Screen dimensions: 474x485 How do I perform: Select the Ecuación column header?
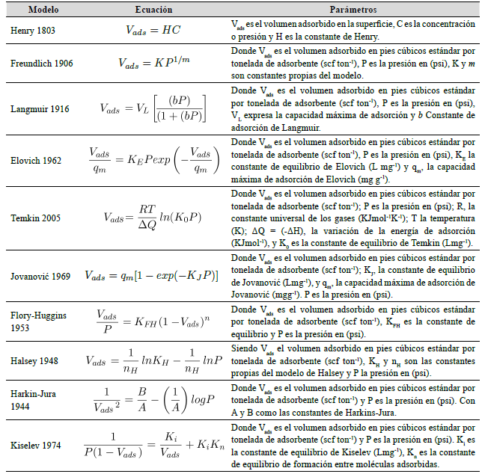(153, 10)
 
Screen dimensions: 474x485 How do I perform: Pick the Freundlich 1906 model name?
(43, 63)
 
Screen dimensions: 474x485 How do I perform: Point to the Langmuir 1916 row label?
(41, 109)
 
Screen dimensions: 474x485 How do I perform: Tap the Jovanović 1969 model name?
(42, 276)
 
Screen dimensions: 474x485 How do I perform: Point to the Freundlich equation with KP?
(153, 63)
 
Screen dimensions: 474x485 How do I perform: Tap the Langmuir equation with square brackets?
(153, 109)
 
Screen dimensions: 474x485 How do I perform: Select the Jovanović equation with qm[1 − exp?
(153, 276)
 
